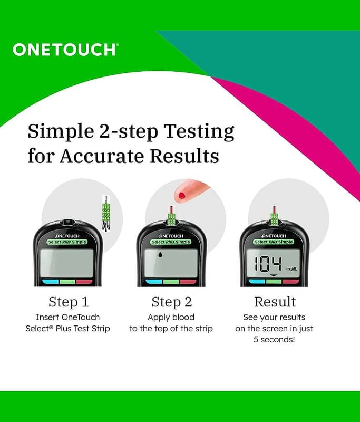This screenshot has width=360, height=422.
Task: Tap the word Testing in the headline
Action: (199, 131)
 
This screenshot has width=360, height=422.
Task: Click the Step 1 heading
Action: (69, 302)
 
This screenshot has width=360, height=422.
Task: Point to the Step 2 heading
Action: (171, 302)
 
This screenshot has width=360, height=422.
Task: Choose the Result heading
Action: (275, 302)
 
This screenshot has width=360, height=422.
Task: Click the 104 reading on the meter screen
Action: (268, 263)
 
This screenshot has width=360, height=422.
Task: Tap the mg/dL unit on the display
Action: (291, 268)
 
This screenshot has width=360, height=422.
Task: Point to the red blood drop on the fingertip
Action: (182, 195)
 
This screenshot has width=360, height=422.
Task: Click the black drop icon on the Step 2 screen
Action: (161, 254)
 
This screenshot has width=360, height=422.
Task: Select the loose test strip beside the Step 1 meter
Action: (106, 213)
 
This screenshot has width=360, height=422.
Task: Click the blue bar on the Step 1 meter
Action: (50, 282)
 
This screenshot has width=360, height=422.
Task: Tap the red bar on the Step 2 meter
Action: (188, 282)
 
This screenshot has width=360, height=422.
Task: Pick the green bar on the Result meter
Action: (274, 282)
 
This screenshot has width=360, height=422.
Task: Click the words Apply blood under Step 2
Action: (171, 317)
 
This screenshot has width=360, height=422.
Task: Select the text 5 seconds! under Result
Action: (274, 339)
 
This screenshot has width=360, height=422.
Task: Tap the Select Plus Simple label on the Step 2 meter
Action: (171, 242)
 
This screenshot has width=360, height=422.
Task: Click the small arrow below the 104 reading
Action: (274, 275)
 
